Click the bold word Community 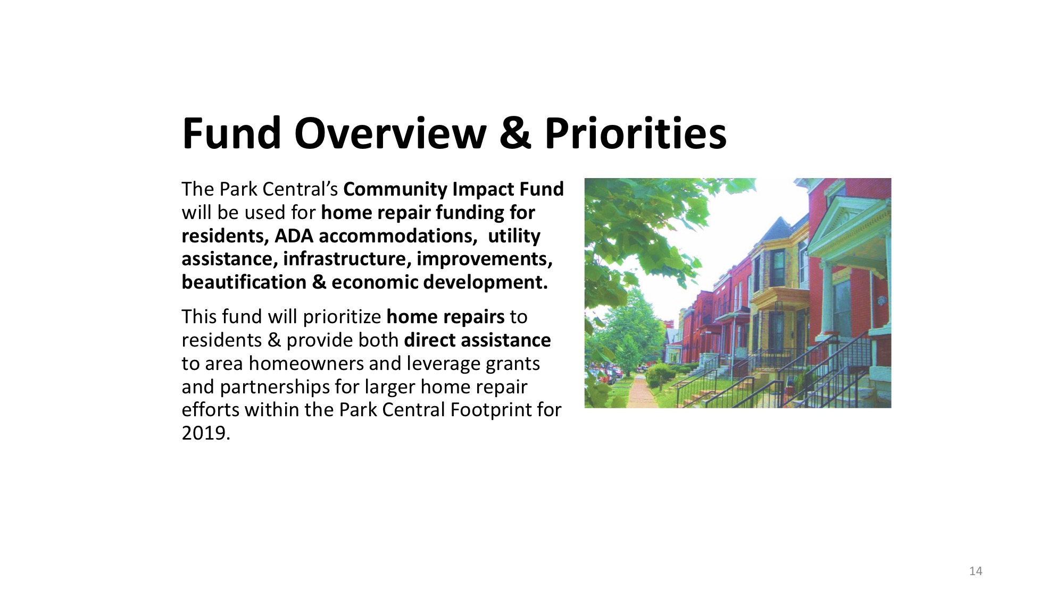click(395, 190)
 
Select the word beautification click(244, 282)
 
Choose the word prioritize click(342, 317)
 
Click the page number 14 click(976, 571)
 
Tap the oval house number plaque click(880, 301)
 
